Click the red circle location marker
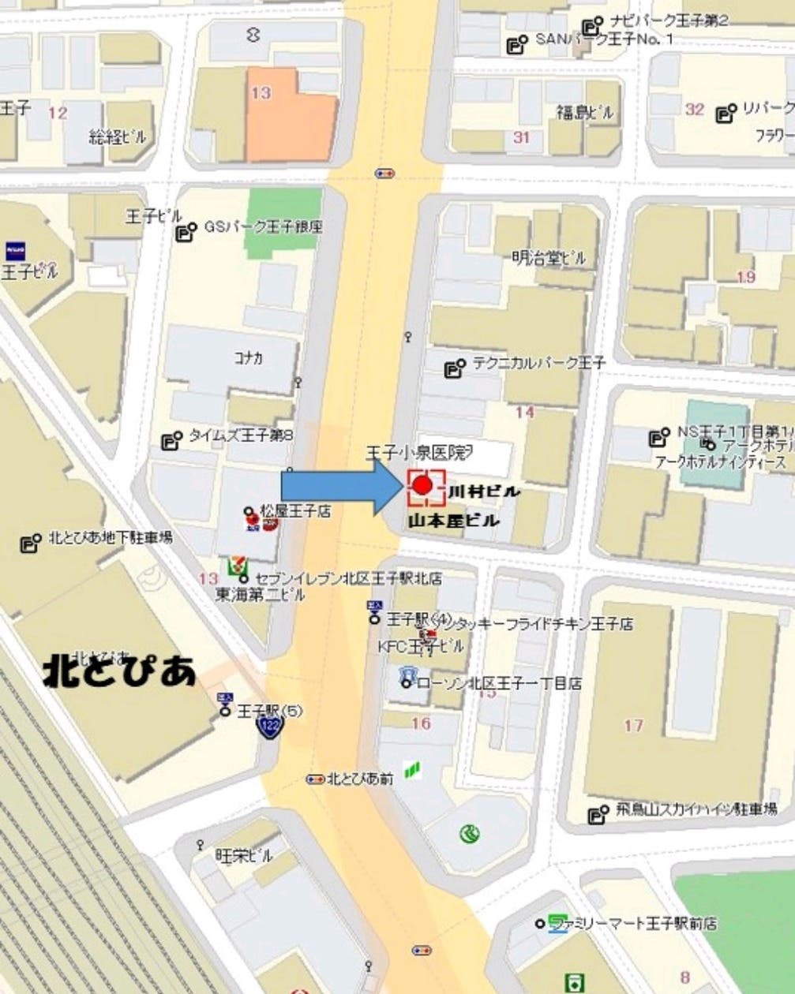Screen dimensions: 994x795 point(422,484)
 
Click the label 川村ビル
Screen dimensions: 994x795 point(484,491)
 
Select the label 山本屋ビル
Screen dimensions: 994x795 point(453,521)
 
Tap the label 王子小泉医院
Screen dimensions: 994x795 point(418,453)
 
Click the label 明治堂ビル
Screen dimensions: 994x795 point(549,257)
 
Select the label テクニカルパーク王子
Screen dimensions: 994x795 point(538,363)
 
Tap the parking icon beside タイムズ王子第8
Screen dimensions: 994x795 point(171,440)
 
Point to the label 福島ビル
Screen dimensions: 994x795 point(584,112)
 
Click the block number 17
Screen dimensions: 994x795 point(633,724)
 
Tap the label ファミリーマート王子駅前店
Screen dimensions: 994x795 point(627,922)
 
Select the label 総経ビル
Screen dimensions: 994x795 point(118,136)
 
